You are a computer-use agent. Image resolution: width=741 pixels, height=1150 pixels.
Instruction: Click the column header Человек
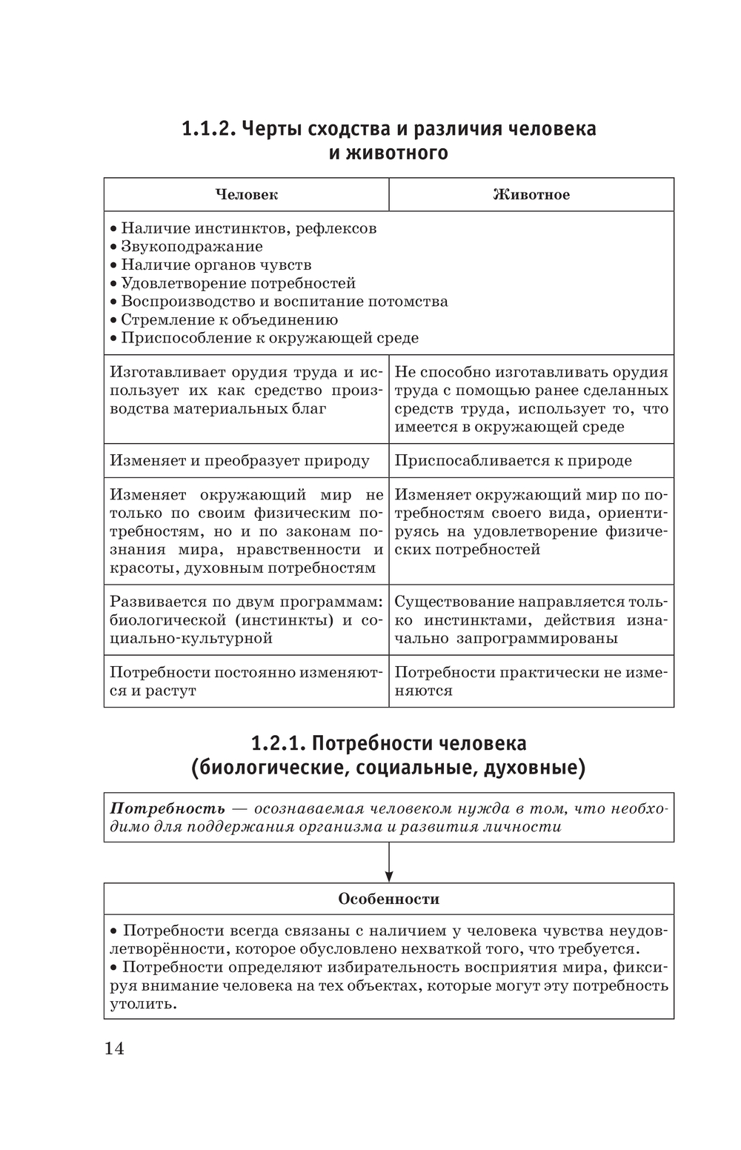(x=246, y=195)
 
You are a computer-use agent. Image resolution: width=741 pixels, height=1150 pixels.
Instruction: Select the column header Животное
(x=531, y=195)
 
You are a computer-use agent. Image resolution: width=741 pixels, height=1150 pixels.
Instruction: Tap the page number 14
(x=114, y=1048)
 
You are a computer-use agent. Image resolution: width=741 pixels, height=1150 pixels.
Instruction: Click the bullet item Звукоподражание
(x=191, y=247)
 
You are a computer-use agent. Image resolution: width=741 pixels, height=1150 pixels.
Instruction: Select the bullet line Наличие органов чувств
(x=216, y=265)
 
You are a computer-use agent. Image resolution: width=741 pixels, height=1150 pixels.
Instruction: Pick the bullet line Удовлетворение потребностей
(x=238, y=284)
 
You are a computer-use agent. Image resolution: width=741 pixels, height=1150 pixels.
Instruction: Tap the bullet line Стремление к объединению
(x=229, y=320)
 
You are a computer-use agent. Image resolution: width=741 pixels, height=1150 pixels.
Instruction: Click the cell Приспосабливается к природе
(x=513, y=461)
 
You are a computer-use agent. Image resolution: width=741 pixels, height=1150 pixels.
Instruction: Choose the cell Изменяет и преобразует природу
(x=239, y=461)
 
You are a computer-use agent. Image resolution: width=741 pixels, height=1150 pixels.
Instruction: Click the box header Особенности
(x=388, y=899)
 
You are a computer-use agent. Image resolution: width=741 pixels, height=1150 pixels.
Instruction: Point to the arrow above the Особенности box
(x=389, y=862)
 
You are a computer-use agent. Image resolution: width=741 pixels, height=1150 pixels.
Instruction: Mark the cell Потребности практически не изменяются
(x=531, y=682)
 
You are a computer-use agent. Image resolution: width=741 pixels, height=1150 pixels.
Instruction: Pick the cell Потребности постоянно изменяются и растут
(x=246, y=682)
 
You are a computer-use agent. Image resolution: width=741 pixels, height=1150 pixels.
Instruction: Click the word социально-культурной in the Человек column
(x=191, y=639)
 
